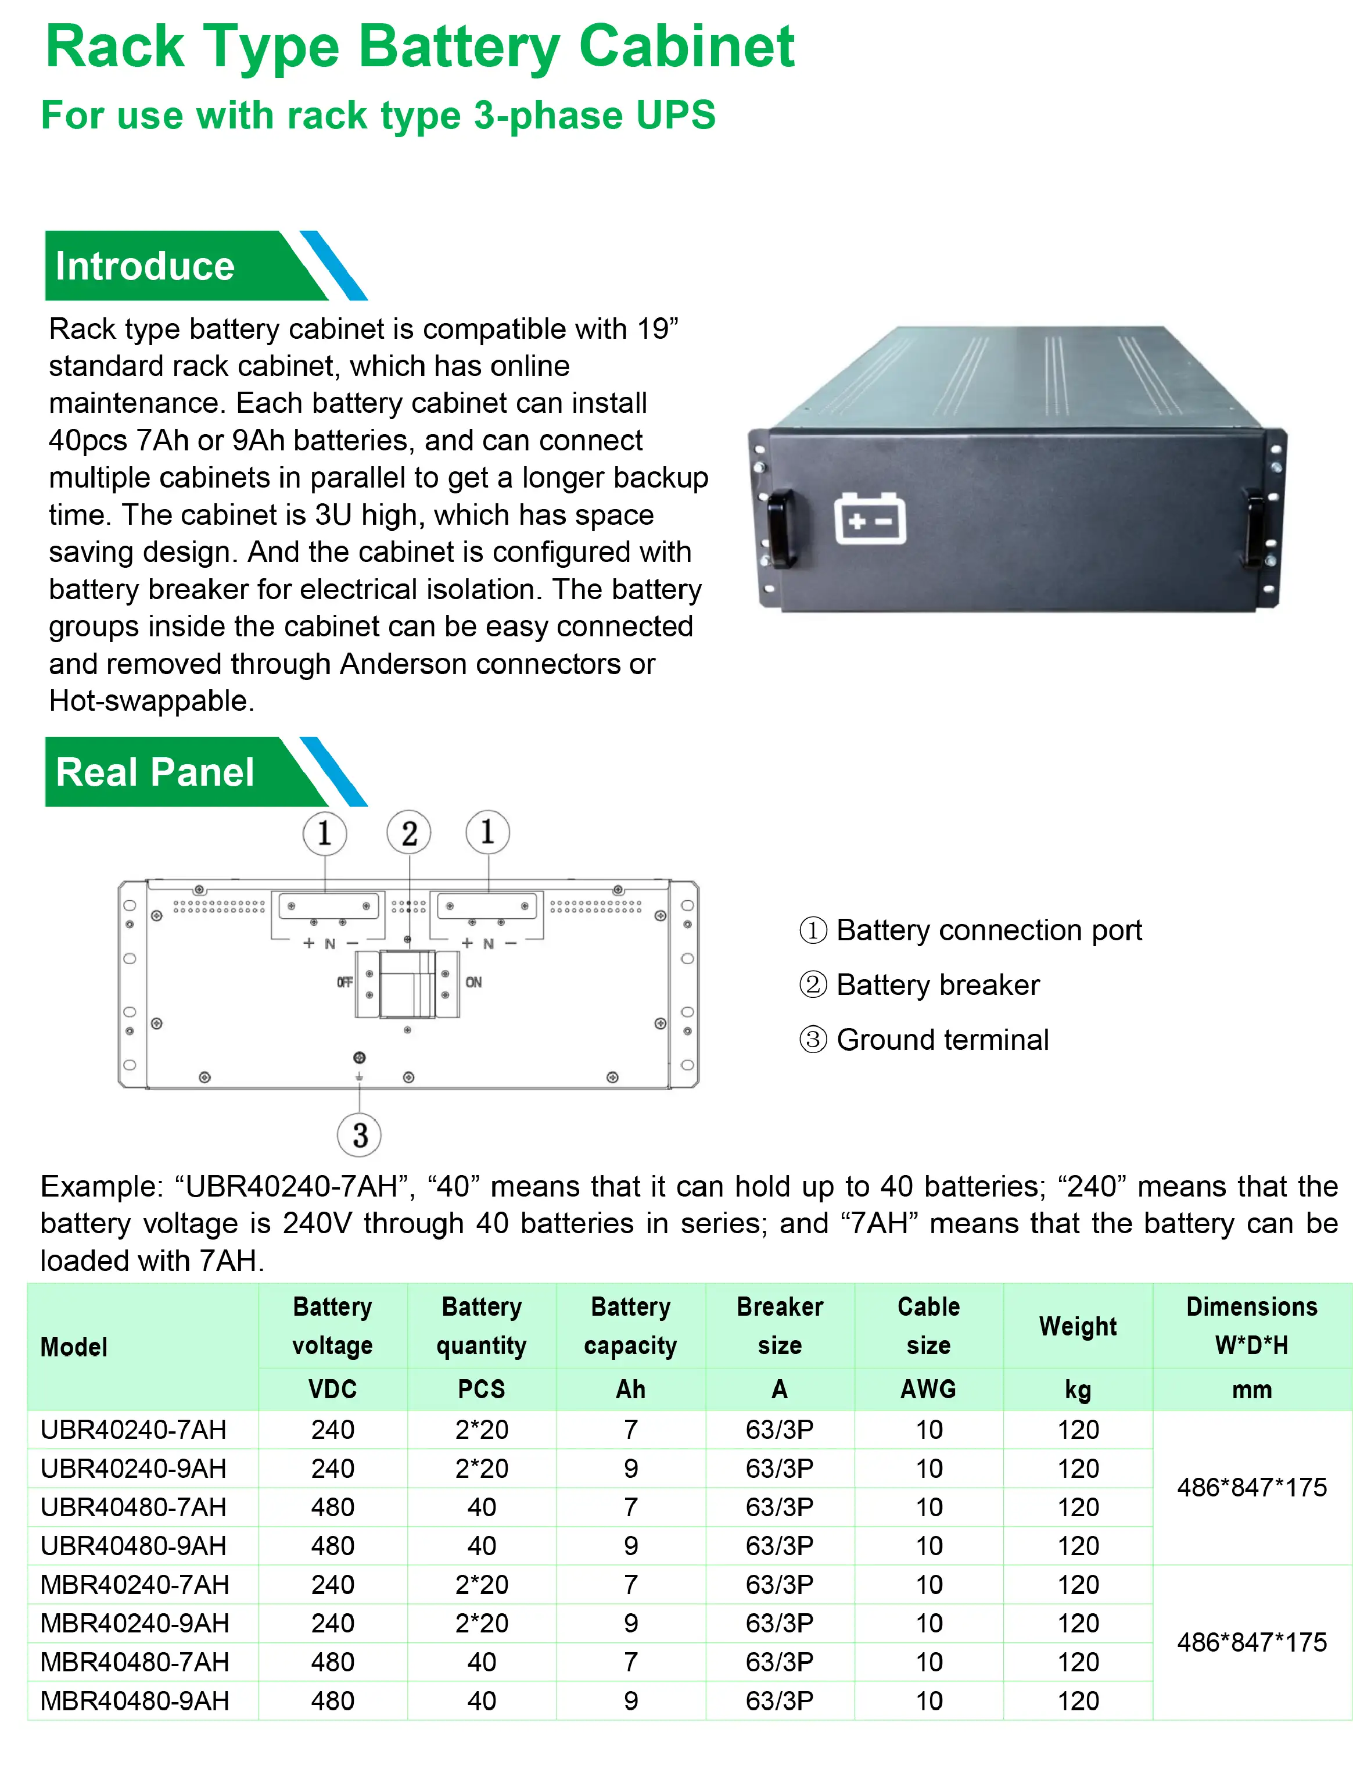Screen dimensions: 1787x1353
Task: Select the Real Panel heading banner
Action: [155, 772]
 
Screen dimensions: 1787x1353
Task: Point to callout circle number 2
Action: [409, 833]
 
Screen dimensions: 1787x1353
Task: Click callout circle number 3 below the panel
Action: [360, 1134]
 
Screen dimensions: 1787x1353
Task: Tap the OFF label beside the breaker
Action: [345, 982]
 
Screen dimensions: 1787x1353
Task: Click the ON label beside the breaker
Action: [473, 982]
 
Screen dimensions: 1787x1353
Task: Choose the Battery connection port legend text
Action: [989, 930]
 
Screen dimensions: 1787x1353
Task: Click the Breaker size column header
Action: [780, 1326]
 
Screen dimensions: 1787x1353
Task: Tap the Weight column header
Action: [1078, 1326]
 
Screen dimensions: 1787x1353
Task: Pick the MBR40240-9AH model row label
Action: [135, 1623]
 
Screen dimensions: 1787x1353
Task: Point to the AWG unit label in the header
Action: [928, 1389]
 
